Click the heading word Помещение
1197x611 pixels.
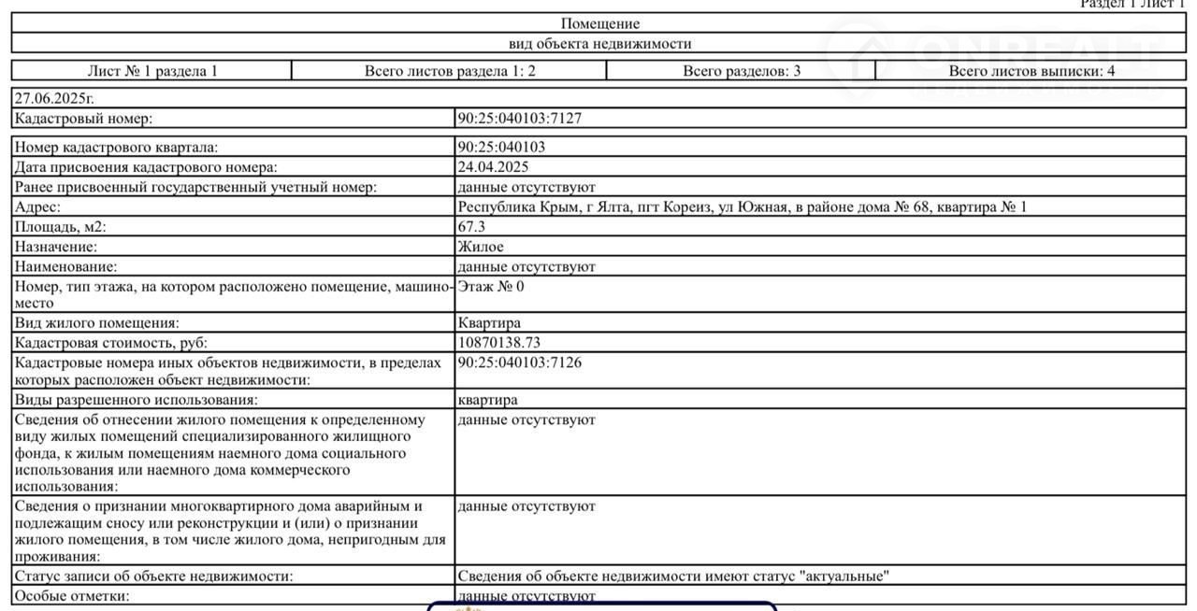tap(599, 24)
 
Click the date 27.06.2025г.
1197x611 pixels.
tap(54, 98)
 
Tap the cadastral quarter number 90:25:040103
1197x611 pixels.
tap(501, 148)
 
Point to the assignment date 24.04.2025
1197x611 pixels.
tap(493, 167)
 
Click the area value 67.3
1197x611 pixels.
tap(471, 227)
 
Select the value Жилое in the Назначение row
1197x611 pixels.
tap(481, 247)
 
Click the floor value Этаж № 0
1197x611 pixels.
tap(491, 287)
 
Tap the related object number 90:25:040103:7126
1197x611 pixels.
tap(519, 362)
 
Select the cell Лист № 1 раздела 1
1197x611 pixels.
tap(152, 71)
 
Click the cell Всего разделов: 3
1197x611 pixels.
tap(742, 71)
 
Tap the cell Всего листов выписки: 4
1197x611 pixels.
tap(1031, 71)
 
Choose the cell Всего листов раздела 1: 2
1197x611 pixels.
tap(450, 71)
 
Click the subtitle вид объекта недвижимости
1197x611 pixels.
tap(599, 44)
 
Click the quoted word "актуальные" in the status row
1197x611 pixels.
tap(844, 576)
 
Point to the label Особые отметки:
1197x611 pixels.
tap(72, 596)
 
